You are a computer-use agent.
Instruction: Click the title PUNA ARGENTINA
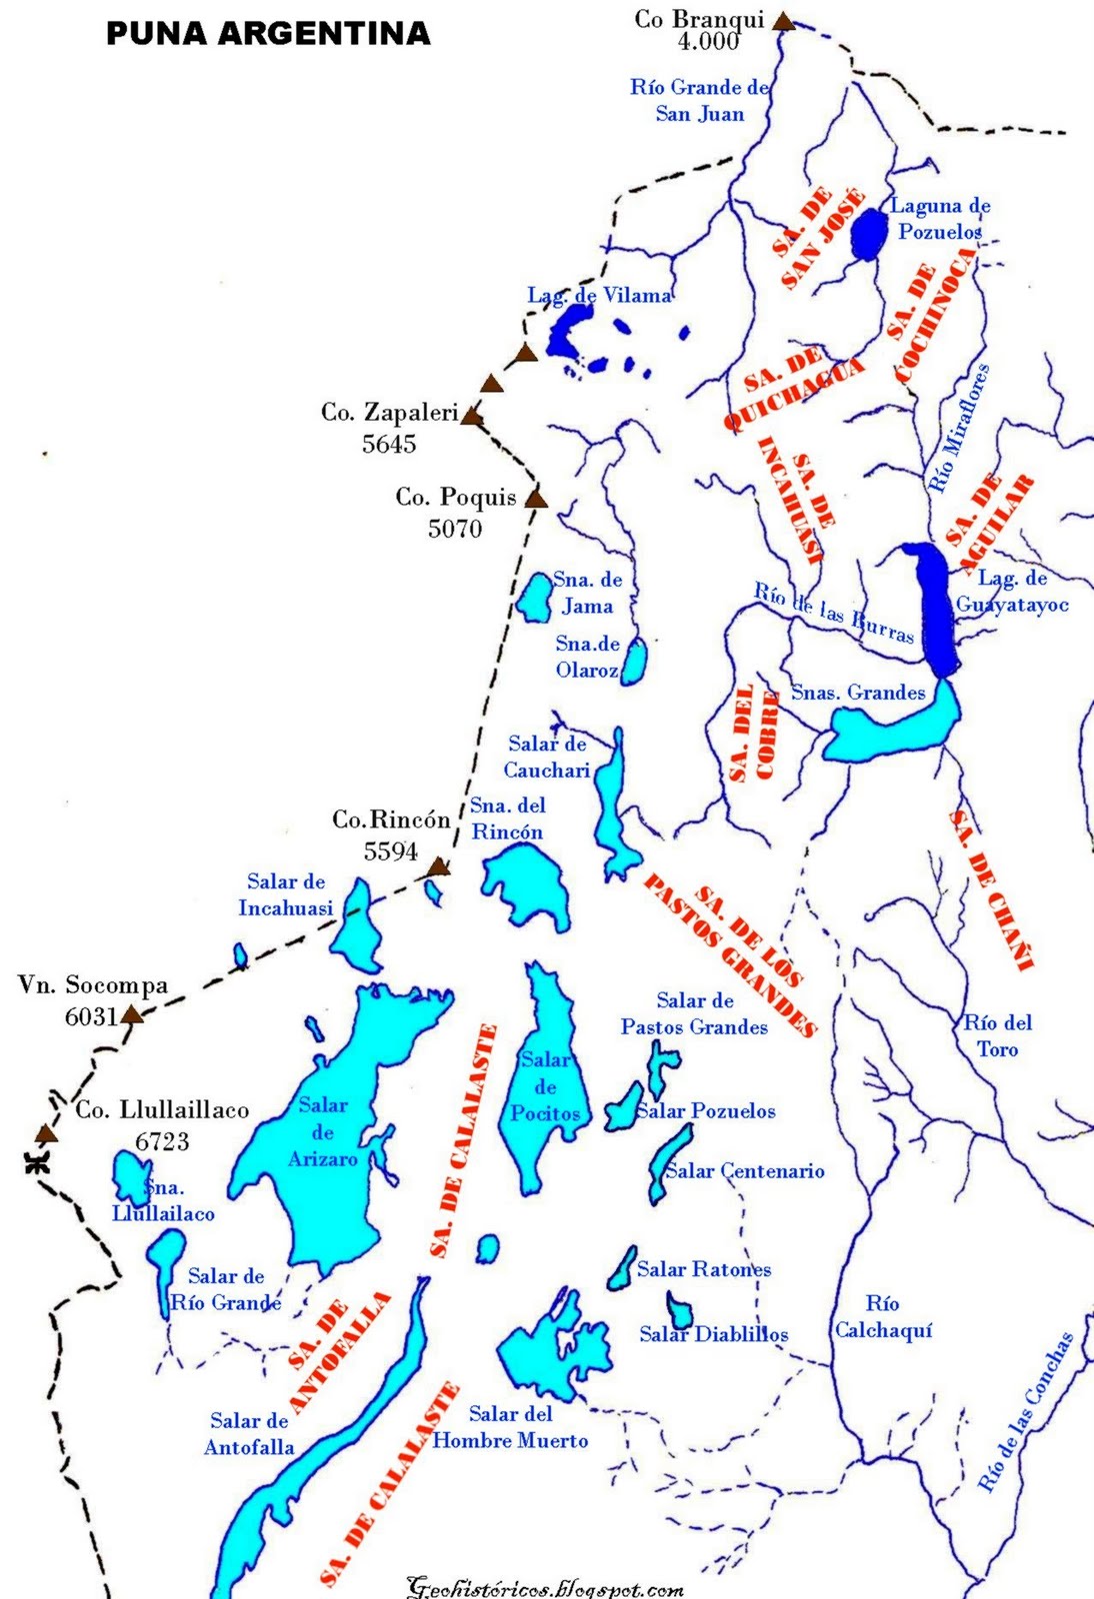[x=268, y=33]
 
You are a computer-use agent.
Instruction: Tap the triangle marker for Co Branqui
[x=785, y=20]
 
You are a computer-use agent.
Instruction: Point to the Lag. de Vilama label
[x=599, y=295]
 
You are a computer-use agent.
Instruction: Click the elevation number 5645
[x=389, y=444]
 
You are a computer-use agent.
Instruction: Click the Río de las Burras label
[x=833, y=612]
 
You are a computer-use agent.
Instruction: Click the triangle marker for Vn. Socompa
[x=131, y=1015]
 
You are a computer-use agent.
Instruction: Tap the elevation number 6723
[x=162, y=1141]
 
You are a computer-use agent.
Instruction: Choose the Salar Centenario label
[x=745, y=1170]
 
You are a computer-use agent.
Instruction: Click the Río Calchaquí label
[x=883, y=1316]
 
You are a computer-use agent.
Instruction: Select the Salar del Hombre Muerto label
[x=510, y=1427]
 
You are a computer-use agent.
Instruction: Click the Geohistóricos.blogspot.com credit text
[x=545, y=1587]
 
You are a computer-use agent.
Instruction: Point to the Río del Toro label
[x=998, y=1035]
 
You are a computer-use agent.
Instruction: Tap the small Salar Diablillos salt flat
[x=680, y=1309]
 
